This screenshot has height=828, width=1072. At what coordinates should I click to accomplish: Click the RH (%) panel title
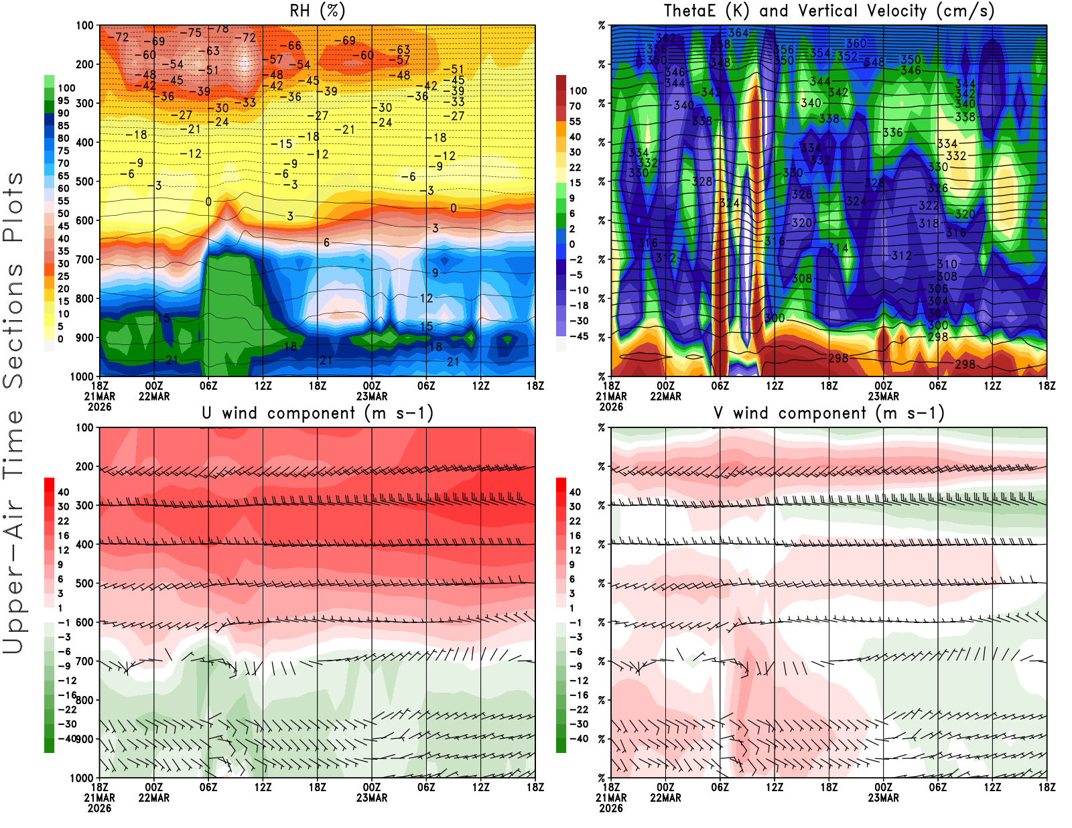tap(318, 11)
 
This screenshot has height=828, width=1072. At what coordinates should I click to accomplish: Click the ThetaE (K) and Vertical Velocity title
tap(829, 11)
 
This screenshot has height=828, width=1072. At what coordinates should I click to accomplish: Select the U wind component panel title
tap(318, 413)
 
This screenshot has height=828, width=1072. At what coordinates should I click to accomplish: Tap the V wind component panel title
tap(829, 413)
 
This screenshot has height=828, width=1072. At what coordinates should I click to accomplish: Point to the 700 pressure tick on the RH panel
tap(84, 259)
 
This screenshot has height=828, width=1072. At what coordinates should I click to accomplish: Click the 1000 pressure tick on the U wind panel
tap(82, 778)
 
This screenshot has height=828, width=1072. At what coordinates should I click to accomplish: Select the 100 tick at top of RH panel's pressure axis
tap(84, 25)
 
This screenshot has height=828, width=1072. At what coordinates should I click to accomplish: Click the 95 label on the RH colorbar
tap(63, 100)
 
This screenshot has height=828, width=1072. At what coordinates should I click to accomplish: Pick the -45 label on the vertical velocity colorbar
tap(578, 336)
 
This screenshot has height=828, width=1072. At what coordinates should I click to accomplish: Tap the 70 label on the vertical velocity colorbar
tap(575, 106)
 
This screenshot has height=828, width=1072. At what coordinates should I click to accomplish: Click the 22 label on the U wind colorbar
tap(63, 521)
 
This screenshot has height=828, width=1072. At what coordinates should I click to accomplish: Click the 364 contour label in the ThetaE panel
tap(738, 33)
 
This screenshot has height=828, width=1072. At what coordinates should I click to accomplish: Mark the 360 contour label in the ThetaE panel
tap(856, 44)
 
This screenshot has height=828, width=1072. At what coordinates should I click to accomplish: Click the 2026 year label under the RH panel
tap(99, 407)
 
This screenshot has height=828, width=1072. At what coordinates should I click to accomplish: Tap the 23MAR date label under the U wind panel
tap(372, 798)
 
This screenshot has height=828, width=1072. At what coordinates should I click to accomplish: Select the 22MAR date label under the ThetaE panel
tap(665, 396)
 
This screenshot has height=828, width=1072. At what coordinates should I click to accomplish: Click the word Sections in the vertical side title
tap(13, 325)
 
